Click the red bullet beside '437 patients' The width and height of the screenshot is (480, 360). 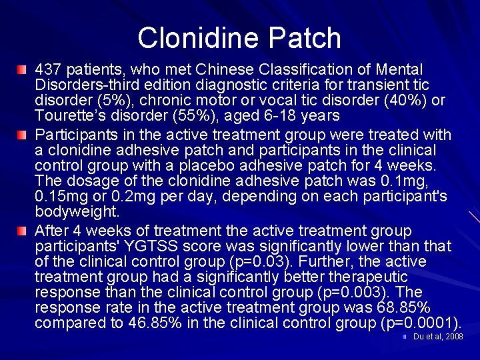[x=23, y=70]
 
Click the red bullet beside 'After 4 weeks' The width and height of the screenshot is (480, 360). [x=23, y=231]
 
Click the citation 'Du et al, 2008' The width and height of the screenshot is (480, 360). [x=437, y=337]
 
